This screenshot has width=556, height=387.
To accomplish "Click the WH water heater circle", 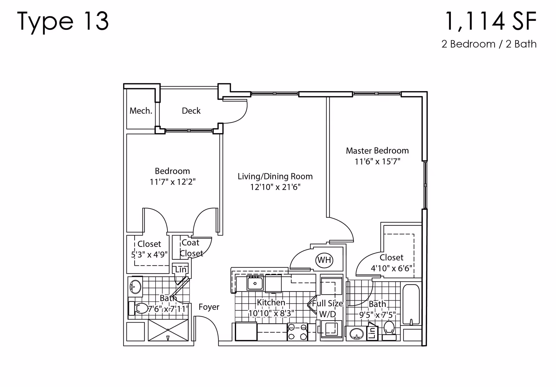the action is coord(324,260).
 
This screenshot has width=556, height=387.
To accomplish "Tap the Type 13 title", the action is coord(63,21).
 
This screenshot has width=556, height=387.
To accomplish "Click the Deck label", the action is coord(191,111).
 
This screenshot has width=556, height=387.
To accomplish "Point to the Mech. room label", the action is coord(141,111).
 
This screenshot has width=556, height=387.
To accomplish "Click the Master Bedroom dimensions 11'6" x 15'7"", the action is coord(377,161).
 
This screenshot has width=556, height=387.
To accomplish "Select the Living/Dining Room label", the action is coord(275,176).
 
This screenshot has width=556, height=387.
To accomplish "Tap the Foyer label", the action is coord(209,307).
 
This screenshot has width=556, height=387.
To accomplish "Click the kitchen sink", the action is coord(255,283).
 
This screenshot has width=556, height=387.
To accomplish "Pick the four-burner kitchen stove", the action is coord(297,332).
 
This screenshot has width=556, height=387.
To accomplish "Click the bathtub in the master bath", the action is coord(411,304).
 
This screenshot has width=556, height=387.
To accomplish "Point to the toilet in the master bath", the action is coord(389,331).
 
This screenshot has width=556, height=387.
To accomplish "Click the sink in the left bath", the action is coord(135,287).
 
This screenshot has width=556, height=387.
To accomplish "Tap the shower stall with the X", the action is coord(168,330).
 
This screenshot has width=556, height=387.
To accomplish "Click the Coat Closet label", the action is coord(191,248).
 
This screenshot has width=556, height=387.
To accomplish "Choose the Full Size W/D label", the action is coord(327,309).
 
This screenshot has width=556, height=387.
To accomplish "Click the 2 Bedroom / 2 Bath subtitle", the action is coord(489,44).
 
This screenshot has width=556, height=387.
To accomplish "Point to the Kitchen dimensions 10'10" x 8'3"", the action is coord(271,313).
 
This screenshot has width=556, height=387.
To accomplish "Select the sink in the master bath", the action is coord(357,334).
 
